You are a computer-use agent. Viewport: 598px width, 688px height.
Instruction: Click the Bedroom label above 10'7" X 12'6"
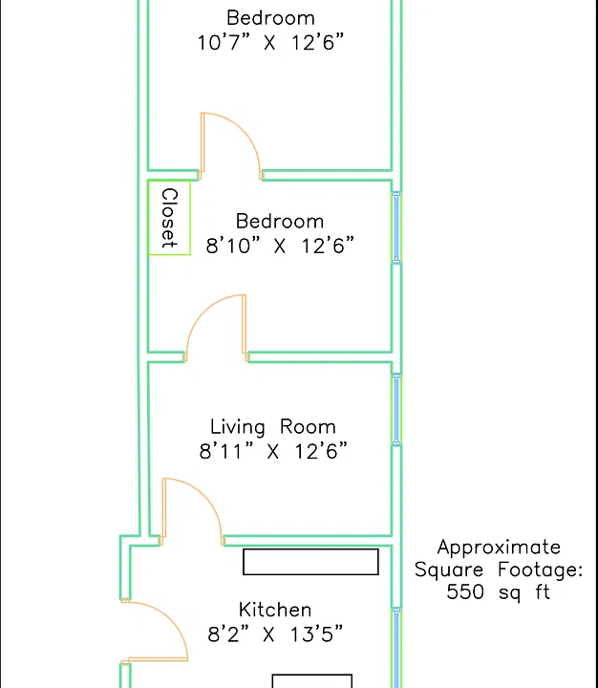tap(270, 18)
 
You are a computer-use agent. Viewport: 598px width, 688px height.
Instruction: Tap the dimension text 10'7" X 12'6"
tap(270, 43)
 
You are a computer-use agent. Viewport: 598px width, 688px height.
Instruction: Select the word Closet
tap(169, 218)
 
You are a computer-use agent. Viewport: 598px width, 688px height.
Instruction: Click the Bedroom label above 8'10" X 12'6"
tap(280, 221)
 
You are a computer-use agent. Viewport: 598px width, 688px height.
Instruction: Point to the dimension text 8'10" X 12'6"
tap(280, 246)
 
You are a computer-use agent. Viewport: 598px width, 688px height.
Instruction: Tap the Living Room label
tap(273, 427)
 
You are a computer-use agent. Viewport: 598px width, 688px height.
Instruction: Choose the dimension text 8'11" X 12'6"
tap(273, 451)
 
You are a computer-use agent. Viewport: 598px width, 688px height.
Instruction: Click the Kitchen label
tap(275, 610)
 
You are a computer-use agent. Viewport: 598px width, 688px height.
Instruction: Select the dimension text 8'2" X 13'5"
tap(275, 634)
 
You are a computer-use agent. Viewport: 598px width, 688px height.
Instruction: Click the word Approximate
tap(499, 548)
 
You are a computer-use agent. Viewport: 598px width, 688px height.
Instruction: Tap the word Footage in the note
tap(540, 570)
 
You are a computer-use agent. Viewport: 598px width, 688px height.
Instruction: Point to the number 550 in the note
tap(465, 591)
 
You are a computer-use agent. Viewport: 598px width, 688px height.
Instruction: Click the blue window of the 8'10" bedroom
tap(396, 227)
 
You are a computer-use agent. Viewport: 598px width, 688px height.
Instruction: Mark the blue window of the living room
tap(396, 410)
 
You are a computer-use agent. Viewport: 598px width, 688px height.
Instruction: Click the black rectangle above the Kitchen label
tap(310, 562)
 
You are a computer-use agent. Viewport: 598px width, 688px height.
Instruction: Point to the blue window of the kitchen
tap(396, 648)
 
